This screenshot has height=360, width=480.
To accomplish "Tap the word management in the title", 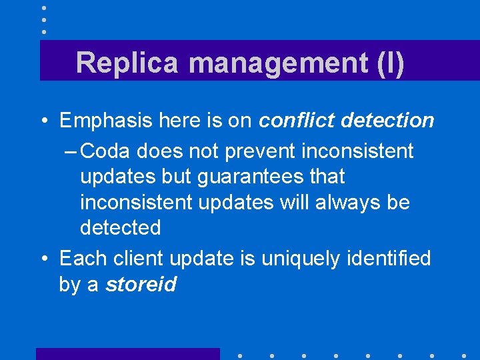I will pos(275,63).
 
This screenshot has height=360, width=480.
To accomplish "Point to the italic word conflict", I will pos(295,121).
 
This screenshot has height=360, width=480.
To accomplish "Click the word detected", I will pos(120,228).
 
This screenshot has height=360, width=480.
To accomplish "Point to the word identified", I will pos(389,257).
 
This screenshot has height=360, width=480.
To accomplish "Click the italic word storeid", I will pos(141,285).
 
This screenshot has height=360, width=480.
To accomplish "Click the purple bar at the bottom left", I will pos(127,353).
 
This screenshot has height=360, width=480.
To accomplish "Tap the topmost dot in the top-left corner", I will pos(44,8).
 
